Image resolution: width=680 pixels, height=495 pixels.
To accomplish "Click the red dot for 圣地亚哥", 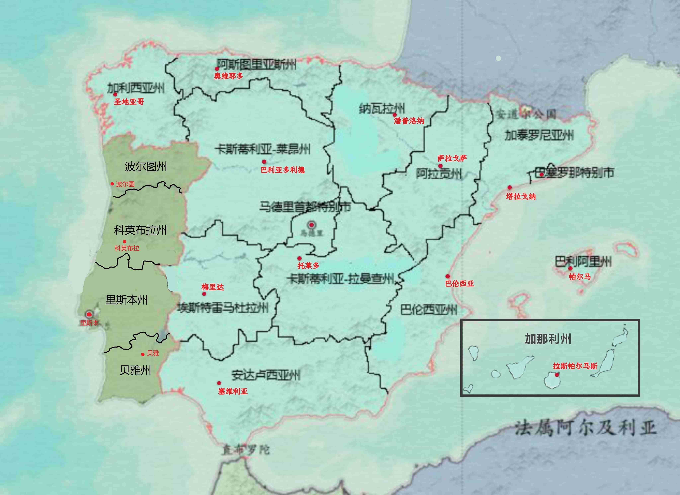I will tap(115, 94).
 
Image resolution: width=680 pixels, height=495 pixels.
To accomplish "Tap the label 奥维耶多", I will tap(228, 76).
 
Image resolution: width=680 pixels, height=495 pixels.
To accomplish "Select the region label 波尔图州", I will tap(146, 167).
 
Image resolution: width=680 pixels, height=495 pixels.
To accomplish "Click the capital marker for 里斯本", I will tap(89, 314).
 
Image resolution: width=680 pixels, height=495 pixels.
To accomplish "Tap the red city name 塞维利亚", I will tap(233, 391).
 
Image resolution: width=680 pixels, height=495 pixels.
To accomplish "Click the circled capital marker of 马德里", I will tap(311, 225).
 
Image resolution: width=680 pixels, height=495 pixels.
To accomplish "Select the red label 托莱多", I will tap(308, 265).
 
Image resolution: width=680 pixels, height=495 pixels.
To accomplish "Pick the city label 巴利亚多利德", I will tap(283, 170).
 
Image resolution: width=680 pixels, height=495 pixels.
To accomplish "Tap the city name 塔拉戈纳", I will tap(521, 197).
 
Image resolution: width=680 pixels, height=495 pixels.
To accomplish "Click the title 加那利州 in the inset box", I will tap(548, 339).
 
